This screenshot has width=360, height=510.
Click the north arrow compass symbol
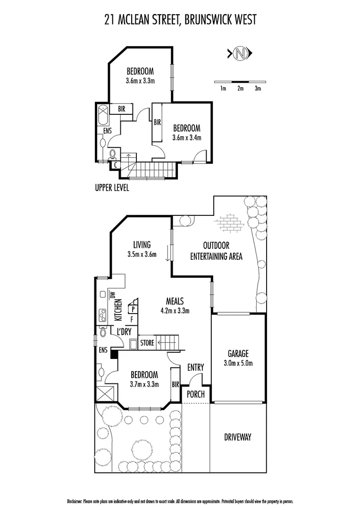point(241,53)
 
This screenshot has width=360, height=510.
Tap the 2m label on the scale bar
point(241,88)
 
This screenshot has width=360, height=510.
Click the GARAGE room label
point(238,353)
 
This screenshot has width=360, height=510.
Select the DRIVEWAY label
point(237,437)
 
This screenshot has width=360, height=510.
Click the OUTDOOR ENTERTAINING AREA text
point(216,251)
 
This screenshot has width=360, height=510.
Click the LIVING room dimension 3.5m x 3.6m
point(142,254)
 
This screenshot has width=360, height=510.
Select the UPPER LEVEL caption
point(112,187)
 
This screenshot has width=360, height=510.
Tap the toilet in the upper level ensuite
point(112,154)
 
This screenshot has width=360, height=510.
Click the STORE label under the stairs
point(147,343)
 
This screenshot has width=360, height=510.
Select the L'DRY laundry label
point(124,332)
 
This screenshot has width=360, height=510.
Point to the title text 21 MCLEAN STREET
point(142,20)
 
